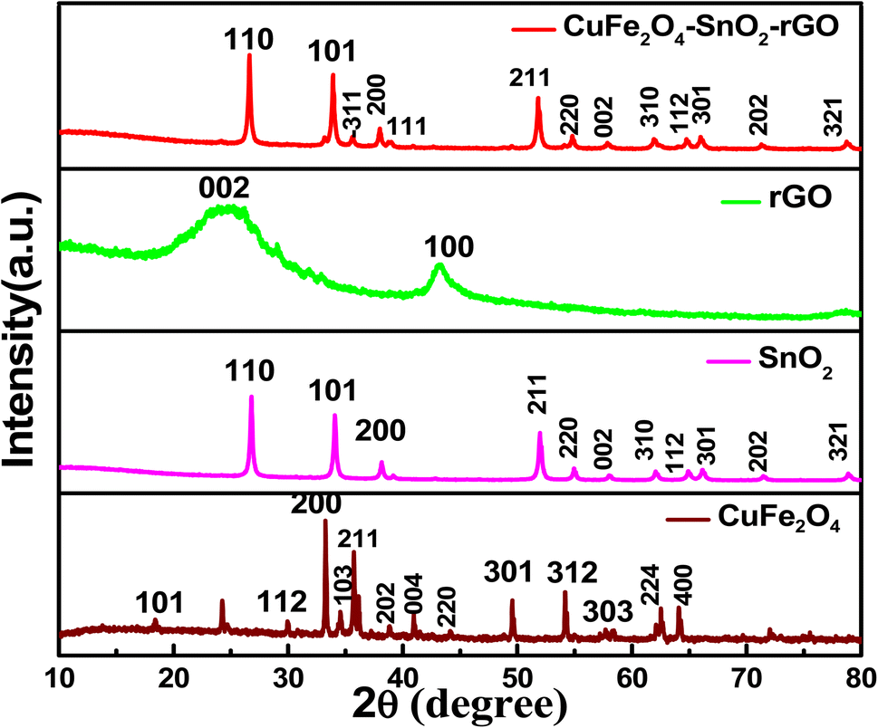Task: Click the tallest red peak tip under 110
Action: [x=249, y=57]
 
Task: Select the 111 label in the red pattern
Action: [x=407, y=125]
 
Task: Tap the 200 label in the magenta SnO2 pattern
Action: [x=380, y=428]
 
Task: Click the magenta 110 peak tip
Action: [x=251, y=398]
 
